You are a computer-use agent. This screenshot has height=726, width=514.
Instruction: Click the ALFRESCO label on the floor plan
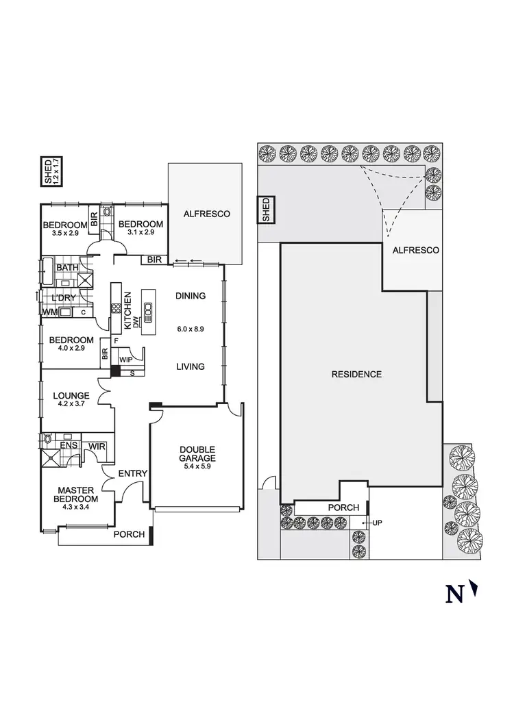[x=207, y=214]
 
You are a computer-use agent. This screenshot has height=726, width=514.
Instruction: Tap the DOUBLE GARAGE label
[x=197, y=453]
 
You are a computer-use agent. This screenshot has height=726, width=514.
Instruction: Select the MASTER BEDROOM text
[x=75, y=495]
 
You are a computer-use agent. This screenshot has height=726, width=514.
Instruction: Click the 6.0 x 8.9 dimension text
[x=191, y=329]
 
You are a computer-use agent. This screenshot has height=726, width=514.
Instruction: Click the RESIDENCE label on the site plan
[x=356, y=375]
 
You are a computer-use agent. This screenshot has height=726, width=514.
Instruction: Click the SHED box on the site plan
[x=265, y=210]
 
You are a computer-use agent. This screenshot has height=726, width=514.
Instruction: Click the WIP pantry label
[x=125, y=359]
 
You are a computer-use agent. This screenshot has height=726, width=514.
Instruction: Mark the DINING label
[x=191, y=297]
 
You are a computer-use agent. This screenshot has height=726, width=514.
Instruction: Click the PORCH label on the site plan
[x=343, y=508]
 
